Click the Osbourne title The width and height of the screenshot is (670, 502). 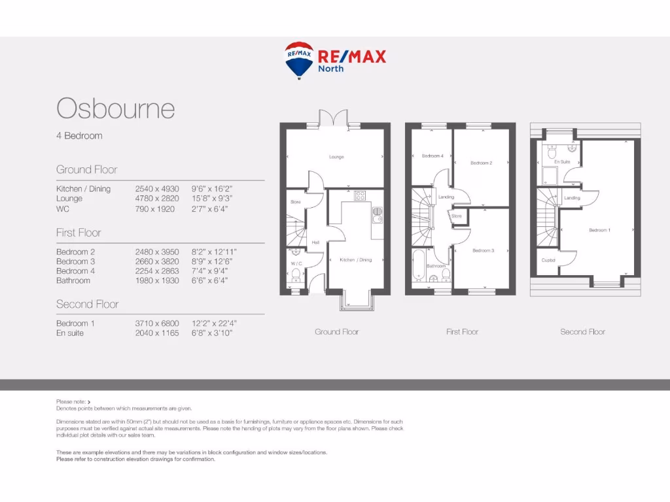(116, 108)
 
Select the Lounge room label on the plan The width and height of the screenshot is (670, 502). (336, 157)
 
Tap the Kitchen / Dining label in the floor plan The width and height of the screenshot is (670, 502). (355, 259)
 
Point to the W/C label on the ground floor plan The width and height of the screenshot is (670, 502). (296, 263)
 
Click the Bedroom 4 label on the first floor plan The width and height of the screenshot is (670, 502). (432, 156)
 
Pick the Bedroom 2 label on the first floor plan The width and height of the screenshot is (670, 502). (481, 163)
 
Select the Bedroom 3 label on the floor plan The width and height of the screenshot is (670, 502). (483, 250)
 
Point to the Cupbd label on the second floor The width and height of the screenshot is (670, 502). (548, 259)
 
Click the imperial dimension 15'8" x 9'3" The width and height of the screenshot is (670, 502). (212, 198)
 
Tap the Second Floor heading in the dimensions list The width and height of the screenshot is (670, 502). (87, 304)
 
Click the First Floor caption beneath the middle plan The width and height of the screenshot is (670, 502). (463, 331)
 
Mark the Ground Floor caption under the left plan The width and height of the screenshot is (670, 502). (336, 331)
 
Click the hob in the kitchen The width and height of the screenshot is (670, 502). (360, 195)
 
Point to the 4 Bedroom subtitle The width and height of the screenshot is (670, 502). (79, 136)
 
